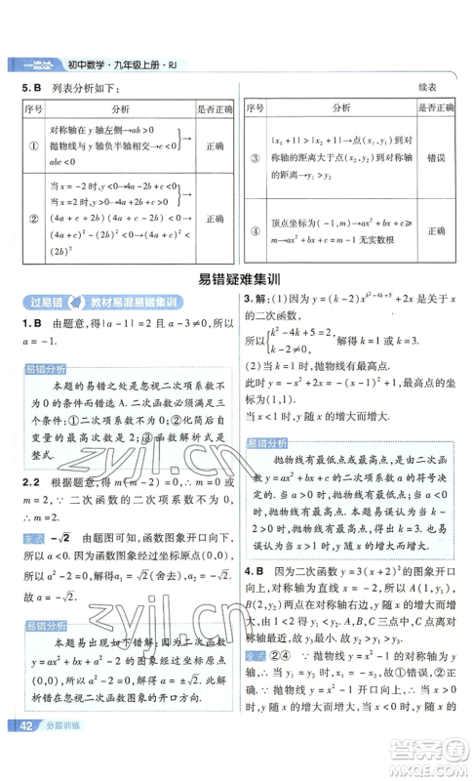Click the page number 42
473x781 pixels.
pos(21,752)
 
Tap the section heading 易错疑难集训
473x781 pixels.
pos(236,277)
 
